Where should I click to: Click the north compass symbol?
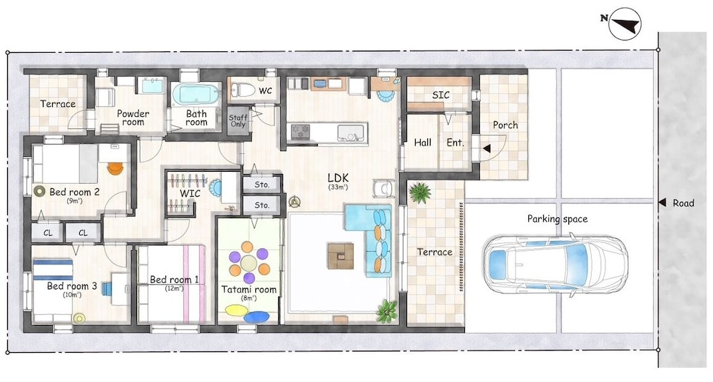pos(625,24)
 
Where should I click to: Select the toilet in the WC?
pos(242,90)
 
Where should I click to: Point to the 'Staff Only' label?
pos(238,120)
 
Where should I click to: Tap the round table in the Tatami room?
pos(249,263)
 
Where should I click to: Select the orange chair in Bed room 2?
pos(116,168)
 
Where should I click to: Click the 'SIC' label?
pos(441,95)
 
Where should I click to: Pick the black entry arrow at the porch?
pos(486,148)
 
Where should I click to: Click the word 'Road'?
pos(684,203)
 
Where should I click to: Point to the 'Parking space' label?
pos(558,219)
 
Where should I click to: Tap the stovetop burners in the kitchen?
pos(301,132)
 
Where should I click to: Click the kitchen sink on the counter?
pos(351,132)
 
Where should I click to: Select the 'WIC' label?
pos(190,194)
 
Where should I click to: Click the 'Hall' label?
pos(422,143)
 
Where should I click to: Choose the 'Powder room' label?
pos(133,118)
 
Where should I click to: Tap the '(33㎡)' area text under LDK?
pos(338,187)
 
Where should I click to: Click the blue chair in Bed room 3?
pos(106,289)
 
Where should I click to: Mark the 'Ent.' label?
pos(455,143)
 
